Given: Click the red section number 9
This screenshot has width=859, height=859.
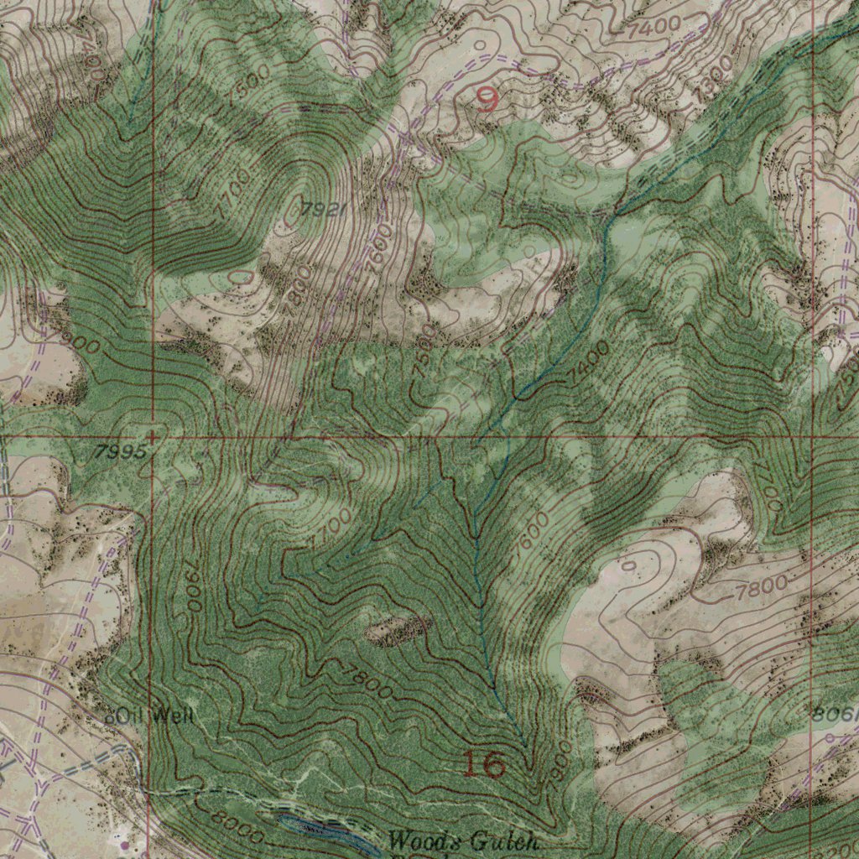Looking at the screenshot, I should point(487,102).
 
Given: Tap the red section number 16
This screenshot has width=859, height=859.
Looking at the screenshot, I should point(485,764).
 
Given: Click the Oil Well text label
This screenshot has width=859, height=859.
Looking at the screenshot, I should point(158,716).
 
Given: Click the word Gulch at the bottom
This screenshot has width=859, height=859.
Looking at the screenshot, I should point(503,841).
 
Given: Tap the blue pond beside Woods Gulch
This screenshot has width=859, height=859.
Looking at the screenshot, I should point(327,834).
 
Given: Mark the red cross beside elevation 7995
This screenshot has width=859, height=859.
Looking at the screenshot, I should point(152,436).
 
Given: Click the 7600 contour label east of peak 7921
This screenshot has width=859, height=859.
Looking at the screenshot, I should point(379,248).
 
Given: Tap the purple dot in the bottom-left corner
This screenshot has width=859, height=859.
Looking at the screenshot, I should point(126,844).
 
